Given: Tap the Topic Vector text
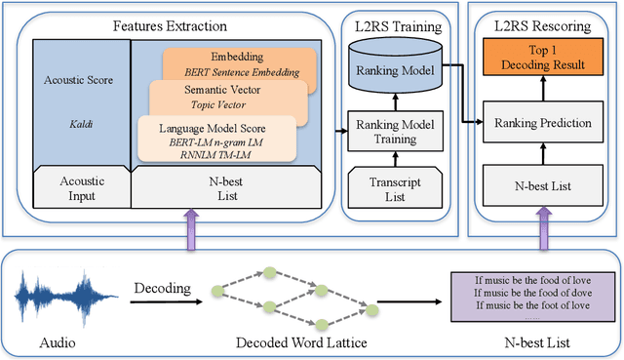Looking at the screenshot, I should click(221, 104).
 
